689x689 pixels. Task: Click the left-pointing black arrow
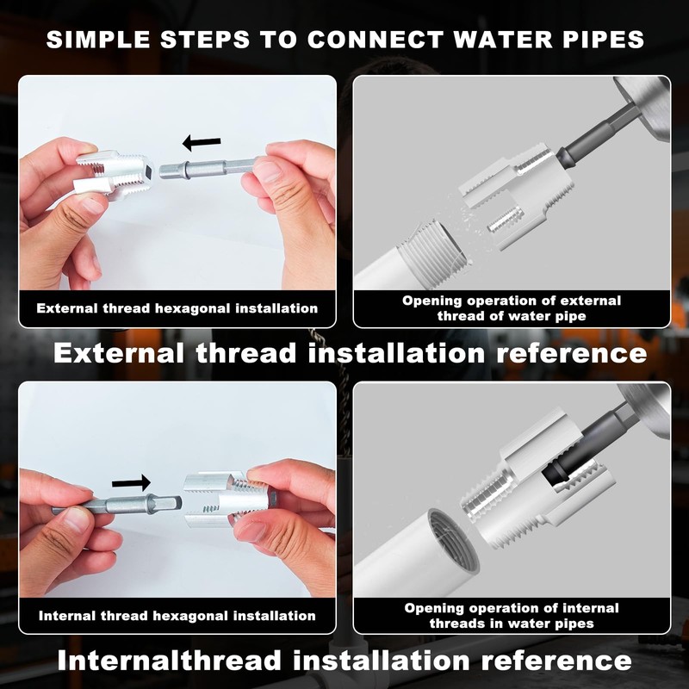(202, 142)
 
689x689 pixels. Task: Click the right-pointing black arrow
(132, 481)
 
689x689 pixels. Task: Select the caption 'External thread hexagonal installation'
(177, 308)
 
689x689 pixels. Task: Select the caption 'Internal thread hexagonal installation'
(177, 616)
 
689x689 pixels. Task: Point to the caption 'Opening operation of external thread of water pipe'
(512, 308)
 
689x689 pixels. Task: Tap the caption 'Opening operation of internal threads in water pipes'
(512, 616)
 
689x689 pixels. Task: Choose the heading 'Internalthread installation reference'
(344, 661)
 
